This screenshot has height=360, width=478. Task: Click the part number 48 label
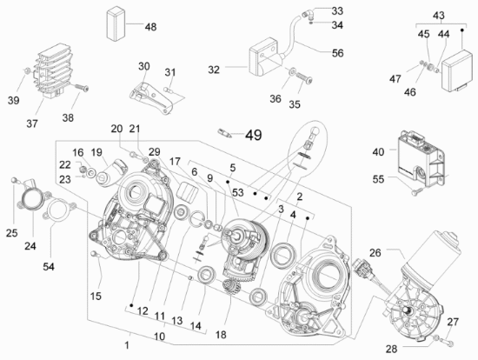[x=150, y=27]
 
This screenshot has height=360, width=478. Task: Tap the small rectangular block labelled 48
[x=116, y=24]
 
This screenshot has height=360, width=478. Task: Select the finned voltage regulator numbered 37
[x=54, y=70]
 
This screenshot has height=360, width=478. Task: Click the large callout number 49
[x=253, y=135]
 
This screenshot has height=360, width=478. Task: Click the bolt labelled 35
[x=304, y=77]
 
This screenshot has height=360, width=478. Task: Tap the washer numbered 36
[x=292, y=72]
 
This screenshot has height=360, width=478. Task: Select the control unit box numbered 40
[x=422, y=158]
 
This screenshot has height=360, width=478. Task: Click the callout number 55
[x=378, y=179]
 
